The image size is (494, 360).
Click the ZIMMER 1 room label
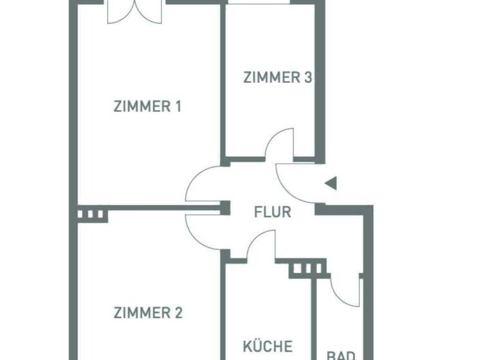[x=147, y=106]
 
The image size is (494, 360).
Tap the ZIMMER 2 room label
[x=148, y=313]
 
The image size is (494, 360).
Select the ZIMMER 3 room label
[x=278, y=78]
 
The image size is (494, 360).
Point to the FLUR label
[x=272, y=212]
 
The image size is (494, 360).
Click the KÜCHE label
[x=268, y=346]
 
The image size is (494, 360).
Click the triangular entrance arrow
[x=331, y=184]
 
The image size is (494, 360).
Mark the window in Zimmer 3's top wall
[x=258, y=3]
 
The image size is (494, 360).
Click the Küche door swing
[x=260, y=247]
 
